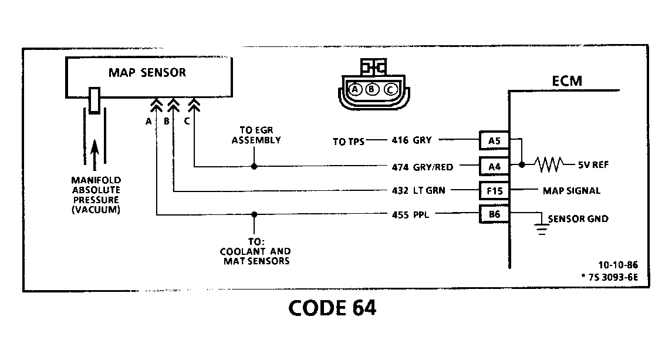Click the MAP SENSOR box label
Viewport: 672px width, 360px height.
(147, 73)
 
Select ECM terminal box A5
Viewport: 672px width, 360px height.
(494, 140)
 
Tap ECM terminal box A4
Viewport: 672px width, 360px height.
(494, 167)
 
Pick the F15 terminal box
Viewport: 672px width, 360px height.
(494, 191)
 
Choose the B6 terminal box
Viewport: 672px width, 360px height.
(494, 214)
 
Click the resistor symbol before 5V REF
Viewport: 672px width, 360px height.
(548, 165)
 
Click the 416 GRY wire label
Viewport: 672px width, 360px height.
(412, 140)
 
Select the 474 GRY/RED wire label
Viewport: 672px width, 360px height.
(422, 167)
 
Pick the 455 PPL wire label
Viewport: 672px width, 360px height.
(410, 214)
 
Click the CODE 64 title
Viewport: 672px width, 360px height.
(332, 308)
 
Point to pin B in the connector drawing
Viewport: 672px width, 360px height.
(372, 89)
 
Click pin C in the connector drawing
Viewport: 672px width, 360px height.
(390, 89)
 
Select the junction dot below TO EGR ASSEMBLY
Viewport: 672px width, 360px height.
(254, 167)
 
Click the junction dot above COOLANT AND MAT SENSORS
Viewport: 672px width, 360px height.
(254, 214)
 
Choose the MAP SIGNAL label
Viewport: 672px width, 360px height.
(572, 191)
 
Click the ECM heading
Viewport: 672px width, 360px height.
(568, 80)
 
